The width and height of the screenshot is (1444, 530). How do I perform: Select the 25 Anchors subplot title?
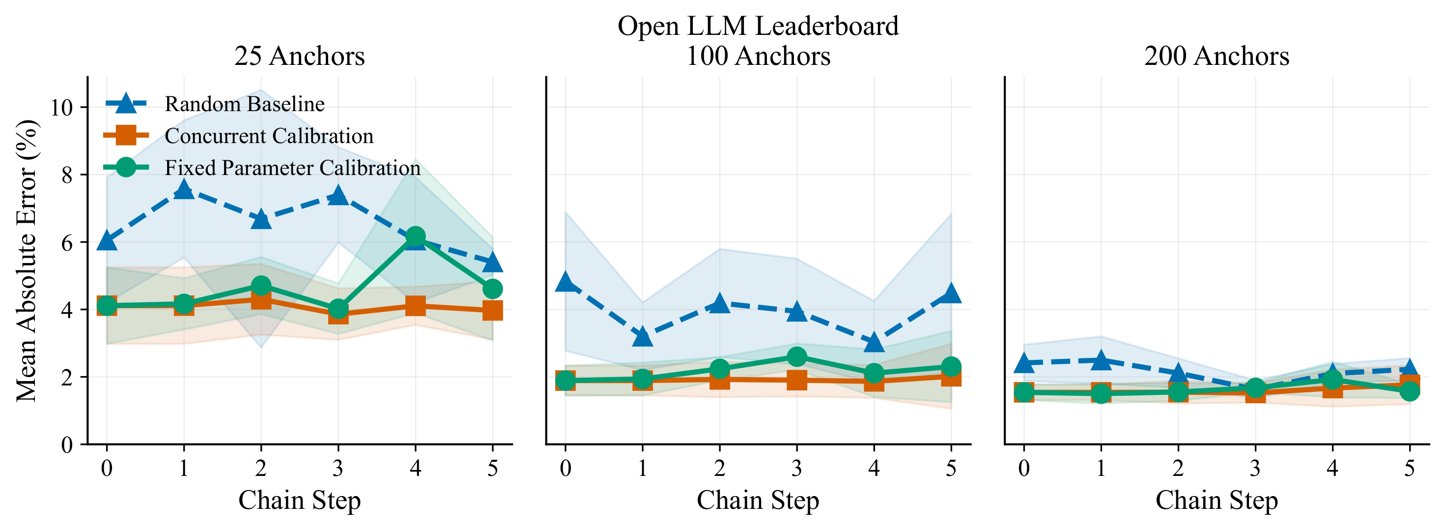(299, 56)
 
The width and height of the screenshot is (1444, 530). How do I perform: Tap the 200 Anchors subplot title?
(1217, 56)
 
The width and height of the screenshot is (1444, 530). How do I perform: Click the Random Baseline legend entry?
(244, 104)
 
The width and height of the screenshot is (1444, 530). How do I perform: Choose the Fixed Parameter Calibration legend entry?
(292, 168)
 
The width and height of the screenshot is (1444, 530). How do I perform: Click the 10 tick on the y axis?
(62, 108)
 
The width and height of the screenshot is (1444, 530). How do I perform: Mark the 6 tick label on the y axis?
(67, 243)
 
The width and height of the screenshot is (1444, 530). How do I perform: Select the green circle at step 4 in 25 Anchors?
(415, 236)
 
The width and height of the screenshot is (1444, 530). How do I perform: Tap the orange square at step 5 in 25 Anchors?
(492, 310)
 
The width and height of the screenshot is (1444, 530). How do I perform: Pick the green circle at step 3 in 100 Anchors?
(796, 357)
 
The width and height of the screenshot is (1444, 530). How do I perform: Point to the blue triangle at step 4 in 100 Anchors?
(874, 342)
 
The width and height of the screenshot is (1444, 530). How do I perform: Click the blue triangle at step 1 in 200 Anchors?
(1101, 360)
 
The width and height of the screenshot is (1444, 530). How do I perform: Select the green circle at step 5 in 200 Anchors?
(1409, 391)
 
